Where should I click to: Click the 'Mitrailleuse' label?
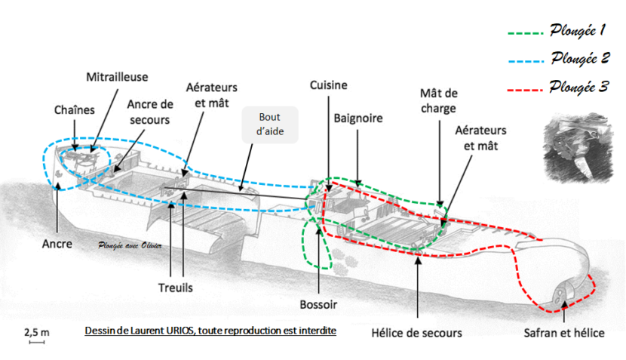click(x=118, y=77)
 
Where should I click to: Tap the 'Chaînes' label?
click(x=75, y=110)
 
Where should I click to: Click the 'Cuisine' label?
click(x=329, y=85)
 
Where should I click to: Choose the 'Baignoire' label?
click(x=358, y=118)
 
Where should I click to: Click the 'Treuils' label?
click(x=176, y=288)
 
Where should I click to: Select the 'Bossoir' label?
click(x=318, y=304)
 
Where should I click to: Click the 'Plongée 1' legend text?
click(x=578, y=32)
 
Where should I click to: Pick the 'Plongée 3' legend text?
click(x=579, y=87)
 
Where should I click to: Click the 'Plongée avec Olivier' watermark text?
click(x=130, y=245)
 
